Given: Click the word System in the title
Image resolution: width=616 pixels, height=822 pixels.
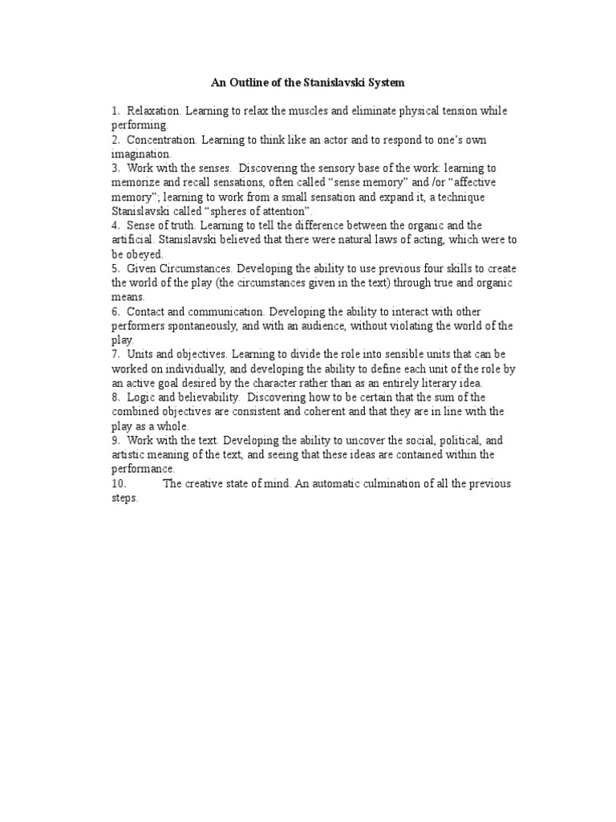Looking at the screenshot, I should coord(383,82).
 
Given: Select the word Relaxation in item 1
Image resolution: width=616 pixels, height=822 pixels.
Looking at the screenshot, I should coord(153,111).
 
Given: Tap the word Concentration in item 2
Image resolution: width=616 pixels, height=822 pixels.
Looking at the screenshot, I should coord(161,140).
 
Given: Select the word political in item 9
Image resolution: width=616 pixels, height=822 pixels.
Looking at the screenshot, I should coord(462,441).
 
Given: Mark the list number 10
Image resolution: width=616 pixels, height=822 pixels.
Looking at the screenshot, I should coord(120,483).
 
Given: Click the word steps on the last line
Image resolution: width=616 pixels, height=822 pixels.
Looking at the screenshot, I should coord(124,498).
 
